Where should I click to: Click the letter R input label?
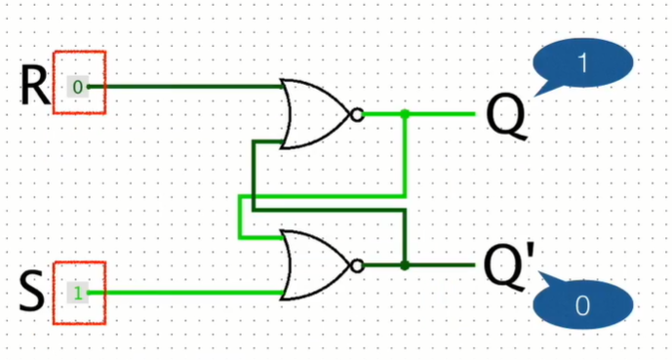click(x=34, y=87)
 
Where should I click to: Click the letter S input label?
click(x=33, y=292)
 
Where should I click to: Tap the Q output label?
click(x=504, y=115)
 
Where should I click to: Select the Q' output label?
click(x=508, y=266)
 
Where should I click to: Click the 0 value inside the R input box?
click(x=78, y=87)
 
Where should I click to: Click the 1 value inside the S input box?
click(x=78, y=292)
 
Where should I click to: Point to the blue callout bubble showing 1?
click(x=582, y=64)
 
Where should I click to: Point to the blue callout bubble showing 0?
click(x=582, y=306)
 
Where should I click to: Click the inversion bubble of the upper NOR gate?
click(x=357, y=114)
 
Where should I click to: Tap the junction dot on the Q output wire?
click(x=405, y=114)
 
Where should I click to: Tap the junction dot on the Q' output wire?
click(x=405, y=265)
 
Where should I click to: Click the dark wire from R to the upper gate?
click(x=185, y=87)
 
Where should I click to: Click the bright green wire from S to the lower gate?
click(x=185, y=292)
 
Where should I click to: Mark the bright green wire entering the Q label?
click(x=444, y=114)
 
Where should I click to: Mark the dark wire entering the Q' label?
click(x=444, y=265)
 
